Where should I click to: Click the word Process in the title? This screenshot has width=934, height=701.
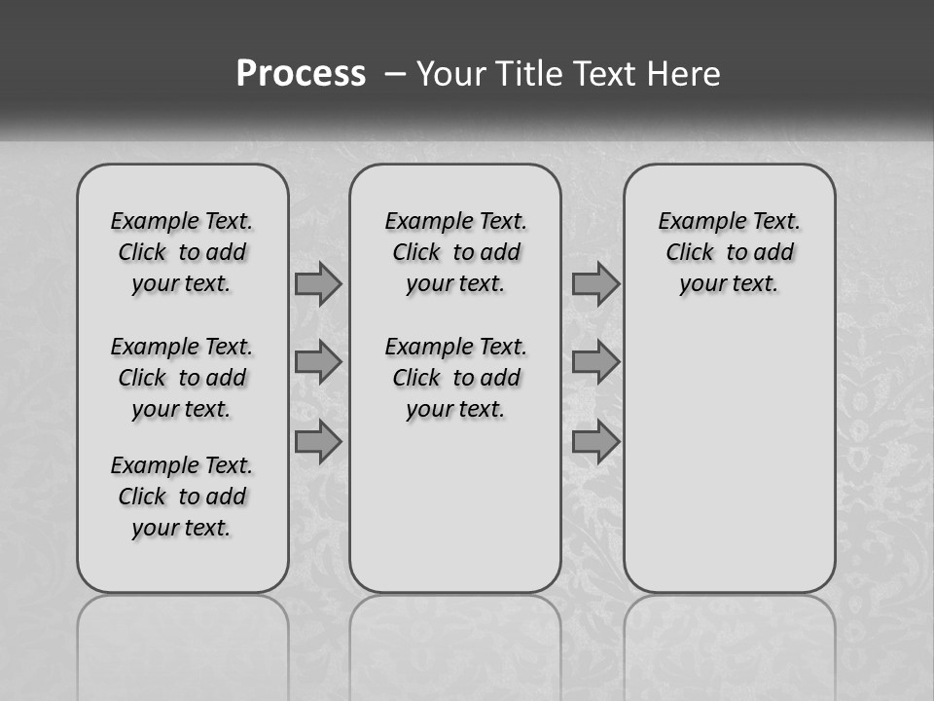301,73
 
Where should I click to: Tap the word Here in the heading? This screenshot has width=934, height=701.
684,73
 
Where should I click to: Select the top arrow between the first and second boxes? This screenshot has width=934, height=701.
317,284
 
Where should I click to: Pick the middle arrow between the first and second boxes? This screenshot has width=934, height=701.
317,363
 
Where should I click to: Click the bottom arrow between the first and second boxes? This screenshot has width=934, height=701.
317,442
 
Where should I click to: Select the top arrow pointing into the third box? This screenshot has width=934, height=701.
595,284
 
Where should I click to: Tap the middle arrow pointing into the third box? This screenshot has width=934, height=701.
595,363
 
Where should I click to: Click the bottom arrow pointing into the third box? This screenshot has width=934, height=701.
595,442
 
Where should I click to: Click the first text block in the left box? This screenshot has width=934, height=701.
182,252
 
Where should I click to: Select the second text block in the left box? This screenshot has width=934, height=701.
182,378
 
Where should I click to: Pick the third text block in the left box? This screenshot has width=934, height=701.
182,497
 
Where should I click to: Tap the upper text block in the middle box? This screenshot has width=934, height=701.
455,252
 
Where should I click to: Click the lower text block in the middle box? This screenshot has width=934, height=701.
455,378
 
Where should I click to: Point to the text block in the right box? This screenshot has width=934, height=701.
729,252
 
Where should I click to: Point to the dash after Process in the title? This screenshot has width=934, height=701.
395,73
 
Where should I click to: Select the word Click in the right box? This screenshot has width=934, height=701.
690,253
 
